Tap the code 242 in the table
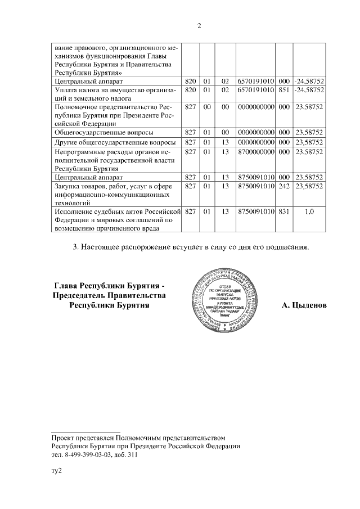point(283,185)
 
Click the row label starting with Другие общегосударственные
point(114,142)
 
